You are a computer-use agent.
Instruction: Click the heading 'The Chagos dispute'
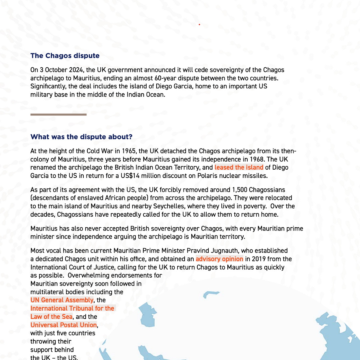coord(65,56)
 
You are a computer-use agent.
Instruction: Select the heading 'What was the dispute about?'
coord(81,137)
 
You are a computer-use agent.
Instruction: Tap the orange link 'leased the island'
coord(239,167)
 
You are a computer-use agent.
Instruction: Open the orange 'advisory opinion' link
coord(219,259)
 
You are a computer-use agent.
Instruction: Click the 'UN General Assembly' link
coord(62,300)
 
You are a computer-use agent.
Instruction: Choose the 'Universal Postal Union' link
coord(64,325)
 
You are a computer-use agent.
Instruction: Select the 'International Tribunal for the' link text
coord(72,308)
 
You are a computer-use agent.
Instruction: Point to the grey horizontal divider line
coord(58,114)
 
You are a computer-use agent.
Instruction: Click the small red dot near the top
coord(199,25)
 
